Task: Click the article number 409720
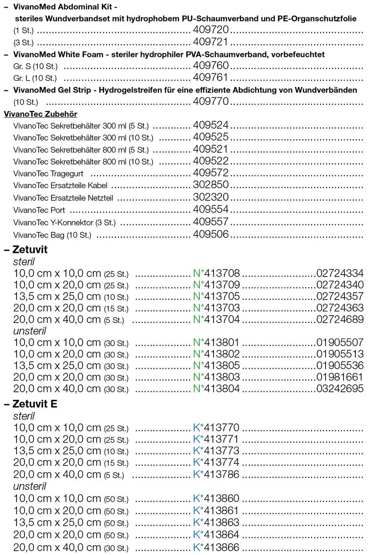211,30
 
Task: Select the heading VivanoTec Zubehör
41,114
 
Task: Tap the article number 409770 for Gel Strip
211,101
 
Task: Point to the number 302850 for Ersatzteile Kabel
211,185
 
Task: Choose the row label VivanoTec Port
39,210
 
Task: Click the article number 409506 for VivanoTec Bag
211,234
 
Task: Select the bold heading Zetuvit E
33,404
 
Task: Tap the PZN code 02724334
340,273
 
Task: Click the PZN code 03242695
340,388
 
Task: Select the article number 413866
221,547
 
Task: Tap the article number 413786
221,474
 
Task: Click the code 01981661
340,377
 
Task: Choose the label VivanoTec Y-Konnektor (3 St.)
65,222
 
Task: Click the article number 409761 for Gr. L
211,78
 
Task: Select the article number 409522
211,161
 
